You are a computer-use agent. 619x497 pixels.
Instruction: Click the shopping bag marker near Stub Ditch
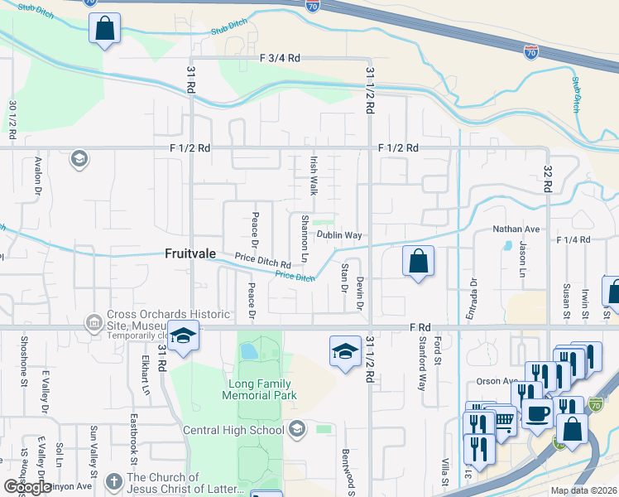coord(104,29)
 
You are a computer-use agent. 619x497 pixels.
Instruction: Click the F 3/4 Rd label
coord(279,59)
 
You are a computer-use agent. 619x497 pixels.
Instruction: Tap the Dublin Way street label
coord(339,235)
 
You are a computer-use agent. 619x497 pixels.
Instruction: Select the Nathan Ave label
coord(516,229)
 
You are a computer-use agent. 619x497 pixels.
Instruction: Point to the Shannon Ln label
coord(305,239)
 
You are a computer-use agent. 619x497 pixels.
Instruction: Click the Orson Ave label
coord(497,382)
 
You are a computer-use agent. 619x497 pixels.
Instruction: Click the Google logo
coord(27,487)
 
